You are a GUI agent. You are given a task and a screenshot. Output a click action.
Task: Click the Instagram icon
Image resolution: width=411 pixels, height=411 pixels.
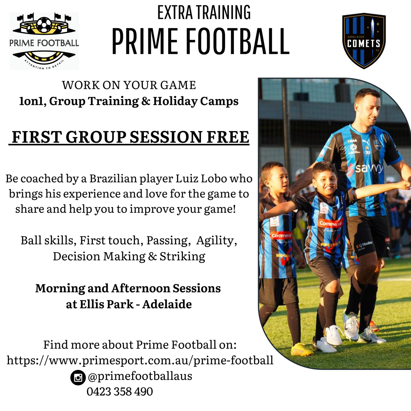coord(78,377)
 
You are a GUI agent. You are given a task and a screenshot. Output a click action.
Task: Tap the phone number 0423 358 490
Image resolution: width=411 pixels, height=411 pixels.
coord(120,391)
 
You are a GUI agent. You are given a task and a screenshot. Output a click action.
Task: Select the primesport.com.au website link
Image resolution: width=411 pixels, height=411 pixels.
coord(140,360)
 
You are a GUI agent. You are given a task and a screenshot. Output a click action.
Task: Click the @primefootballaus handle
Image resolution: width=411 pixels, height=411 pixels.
coord(140,376)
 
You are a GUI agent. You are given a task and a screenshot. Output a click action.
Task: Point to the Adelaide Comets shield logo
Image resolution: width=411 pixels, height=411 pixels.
coord(364,41)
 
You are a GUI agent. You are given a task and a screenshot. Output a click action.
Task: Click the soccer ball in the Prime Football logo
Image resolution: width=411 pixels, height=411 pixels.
coord(44,25)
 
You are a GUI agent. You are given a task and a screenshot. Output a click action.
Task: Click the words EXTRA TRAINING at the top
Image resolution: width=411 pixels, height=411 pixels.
coord(204,12)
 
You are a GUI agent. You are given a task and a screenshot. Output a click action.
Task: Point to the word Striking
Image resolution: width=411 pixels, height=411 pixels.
coord(182,257)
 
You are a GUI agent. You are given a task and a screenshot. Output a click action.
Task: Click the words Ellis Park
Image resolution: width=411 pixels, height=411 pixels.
coord(107,304)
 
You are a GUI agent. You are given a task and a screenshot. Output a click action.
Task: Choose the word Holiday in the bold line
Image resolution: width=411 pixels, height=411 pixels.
coord(175,101)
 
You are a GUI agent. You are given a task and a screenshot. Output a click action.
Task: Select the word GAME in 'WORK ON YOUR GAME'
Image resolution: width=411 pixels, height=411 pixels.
coord(178,85)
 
